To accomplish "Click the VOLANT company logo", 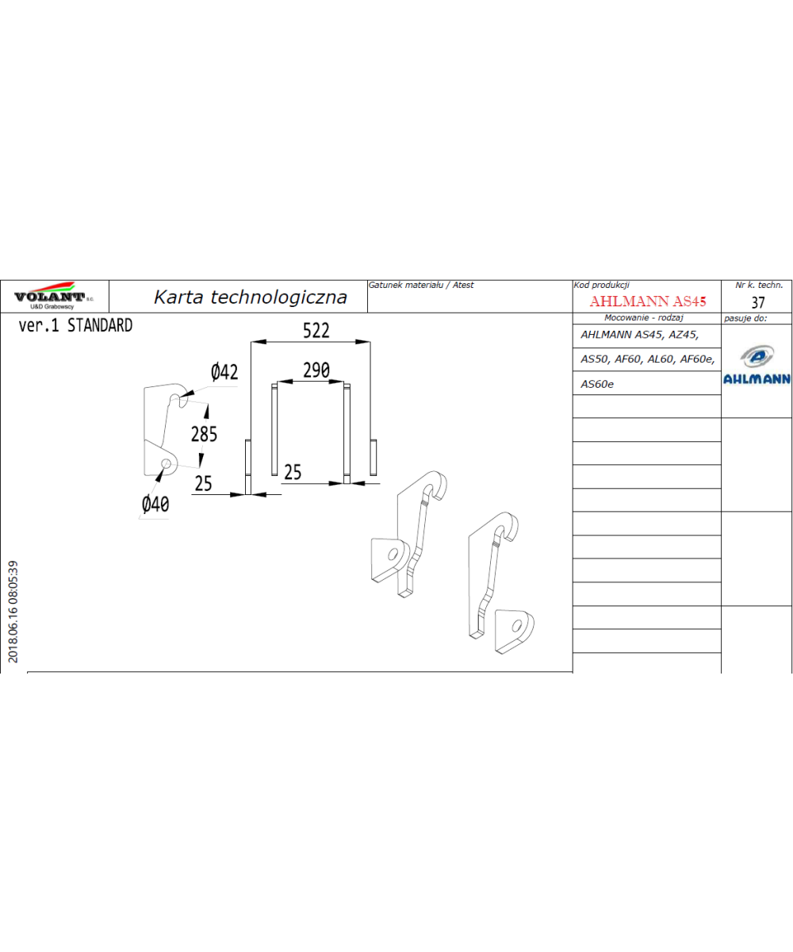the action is pos(54,295).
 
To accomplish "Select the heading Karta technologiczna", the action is pos(251,297).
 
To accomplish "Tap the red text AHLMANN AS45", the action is pos(648,301).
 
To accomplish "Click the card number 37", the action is pos(758,302).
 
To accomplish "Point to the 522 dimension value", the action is pos(316,331).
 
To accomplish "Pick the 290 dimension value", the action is pos(316,370).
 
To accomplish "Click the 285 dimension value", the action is pos(204,434).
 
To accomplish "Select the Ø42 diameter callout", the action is pos(224,372).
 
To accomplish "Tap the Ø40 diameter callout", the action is pos(155,505).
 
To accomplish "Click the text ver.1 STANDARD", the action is pos(75,325).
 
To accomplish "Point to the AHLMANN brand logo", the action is pos(757,365).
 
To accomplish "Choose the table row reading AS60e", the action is pos(596,384).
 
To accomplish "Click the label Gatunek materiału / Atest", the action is pos(420,285).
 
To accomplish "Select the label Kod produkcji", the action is pos(601,285).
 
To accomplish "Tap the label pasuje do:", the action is pos(745,318).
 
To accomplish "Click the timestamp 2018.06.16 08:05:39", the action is pos(13,612).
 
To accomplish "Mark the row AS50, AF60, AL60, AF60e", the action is pos(647,359).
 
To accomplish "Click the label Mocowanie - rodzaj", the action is pos(643,317).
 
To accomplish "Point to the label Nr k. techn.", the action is pos(759,285).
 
